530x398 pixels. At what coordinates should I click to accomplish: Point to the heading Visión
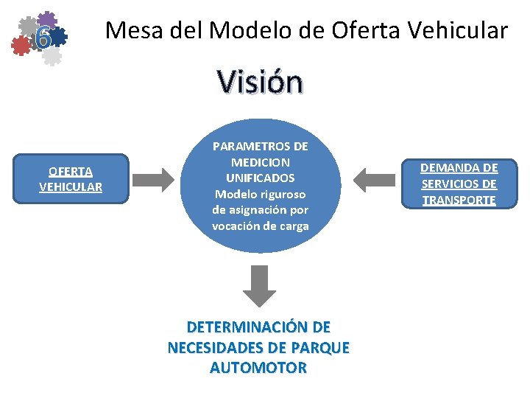(x=259, y=83)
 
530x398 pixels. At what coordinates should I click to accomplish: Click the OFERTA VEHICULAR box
(x=71, y=179)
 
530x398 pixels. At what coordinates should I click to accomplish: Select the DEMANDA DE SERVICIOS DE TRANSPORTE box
(x=459, y=184)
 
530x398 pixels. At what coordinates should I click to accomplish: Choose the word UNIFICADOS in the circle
(x=261, y=178)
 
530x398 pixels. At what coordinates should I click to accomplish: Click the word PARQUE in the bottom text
(x=319, y=346)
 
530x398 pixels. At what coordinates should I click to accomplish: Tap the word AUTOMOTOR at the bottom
(x=258, y=366)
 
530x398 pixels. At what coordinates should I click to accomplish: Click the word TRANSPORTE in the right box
(x=459, y=200)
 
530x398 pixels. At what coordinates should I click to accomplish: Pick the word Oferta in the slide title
(x=363, y=30)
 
